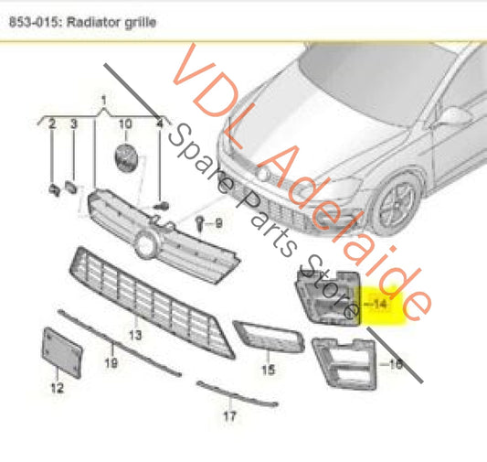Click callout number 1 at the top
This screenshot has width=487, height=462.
click(x=103, y=98)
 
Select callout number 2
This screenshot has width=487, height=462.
click(x=52, y=122)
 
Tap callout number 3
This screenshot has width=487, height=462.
click(x=74, y=122)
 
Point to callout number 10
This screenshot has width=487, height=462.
click(x=125, y=122)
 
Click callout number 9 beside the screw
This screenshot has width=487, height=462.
click(x=217, y=222)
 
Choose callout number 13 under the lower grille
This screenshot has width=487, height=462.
click(x=135, y=336)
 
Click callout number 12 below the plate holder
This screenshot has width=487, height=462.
click(x=57, y=388)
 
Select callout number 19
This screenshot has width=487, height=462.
click(x=112, y=363)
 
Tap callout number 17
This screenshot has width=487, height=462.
click(x=229, y=416)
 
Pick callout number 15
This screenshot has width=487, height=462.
click(x=269, y=370)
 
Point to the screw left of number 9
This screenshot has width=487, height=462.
click(x=199, y=222)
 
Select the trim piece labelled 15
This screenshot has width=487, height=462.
click(x=265, y=338)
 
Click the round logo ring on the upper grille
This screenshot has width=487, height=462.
click(x=144, y=244)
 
